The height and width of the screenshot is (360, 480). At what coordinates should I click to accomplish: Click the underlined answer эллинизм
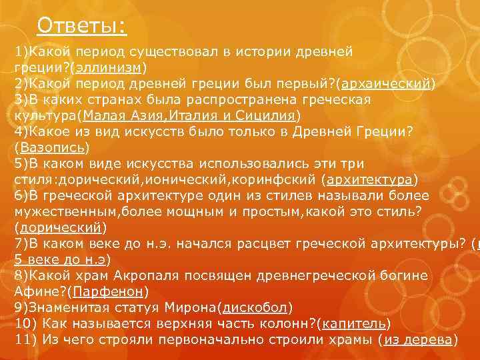pos(111,67)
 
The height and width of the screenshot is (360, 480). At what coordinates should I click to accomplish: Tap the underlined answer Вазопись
pos(53,147)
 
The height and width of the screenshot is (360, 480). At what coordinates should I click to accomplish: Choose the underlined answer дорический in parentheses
pos(61,227)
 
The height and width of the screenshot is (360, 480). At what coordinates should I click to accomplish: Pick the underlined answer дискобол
pos(255,307)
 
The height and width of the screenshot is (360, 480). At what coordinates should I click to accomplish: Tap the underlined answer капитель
pos(353,323)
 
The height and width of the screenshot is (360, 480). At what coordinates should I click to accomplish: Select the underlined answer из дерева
pos(419,339)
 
